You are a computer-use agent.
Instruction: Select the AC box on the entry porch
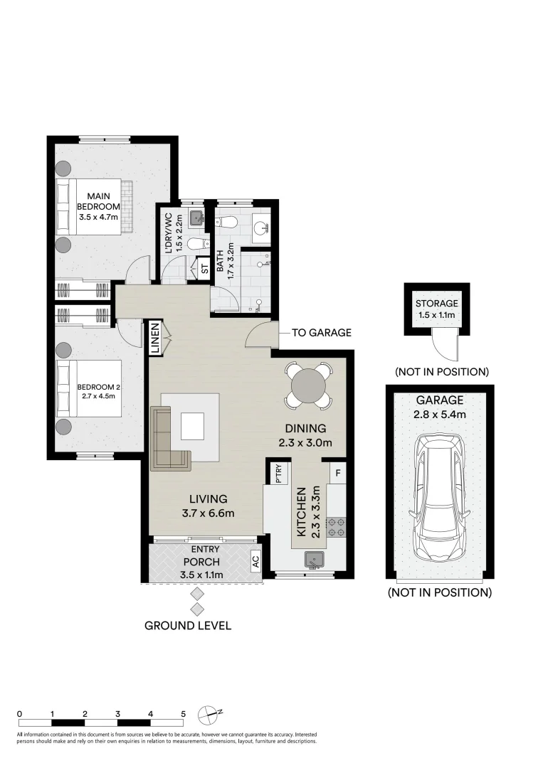click(255, 561)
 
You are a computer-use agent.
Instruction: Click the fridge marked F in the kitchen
click(337, 471)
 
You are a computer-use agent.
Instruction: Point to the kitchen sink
click(313, 560)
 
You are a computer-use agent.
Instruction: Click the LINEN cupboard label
click(154, 338)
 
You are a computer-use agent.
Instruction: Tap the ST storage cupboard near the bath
click(204, 269)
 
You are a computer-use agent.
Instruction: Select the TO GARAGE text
click(321, 333)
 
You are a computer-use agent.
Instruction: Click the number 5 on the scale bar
click(183, 713)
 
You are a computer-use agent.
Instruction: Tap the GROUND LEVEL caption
click(188, 626)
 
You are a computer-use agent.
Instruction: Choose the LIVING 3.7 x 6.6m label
click(203, 506)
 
